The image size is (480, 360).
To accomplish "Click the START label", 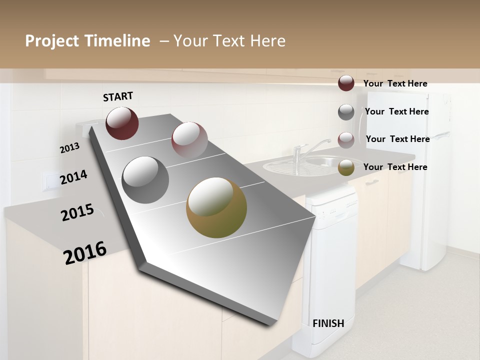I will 118,96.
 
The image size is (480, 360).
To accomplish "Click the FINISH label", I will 328,323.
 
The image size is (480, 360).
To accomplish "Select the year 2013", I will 69,148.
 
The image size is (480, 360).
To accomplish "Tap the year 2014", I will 73,177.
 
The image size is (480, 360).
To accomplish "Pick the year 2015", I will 77,212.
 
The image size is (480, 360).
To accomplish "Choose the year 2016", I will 85,253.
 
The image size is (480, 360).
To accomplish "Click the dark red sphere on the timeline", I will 122,123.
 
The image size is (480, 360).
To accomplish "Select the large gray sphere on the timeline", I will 145,179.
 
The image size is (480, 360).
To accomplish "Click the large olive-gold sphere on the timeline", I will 216,207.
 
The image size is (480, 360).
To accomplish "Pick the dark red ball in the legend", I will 346,83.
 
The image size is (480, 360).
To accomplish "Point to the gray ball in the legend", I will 346,112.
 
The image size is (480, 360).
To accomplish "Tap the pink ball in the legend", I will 346,140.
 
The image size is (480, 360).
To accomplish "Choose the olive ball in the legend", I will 346,167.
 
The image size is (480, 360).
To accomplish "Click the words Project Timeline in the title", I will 87,41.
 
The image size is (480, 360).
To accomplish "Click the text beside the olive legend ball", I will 395,167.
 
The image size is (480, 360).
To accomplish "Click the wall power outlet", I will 50,181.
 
